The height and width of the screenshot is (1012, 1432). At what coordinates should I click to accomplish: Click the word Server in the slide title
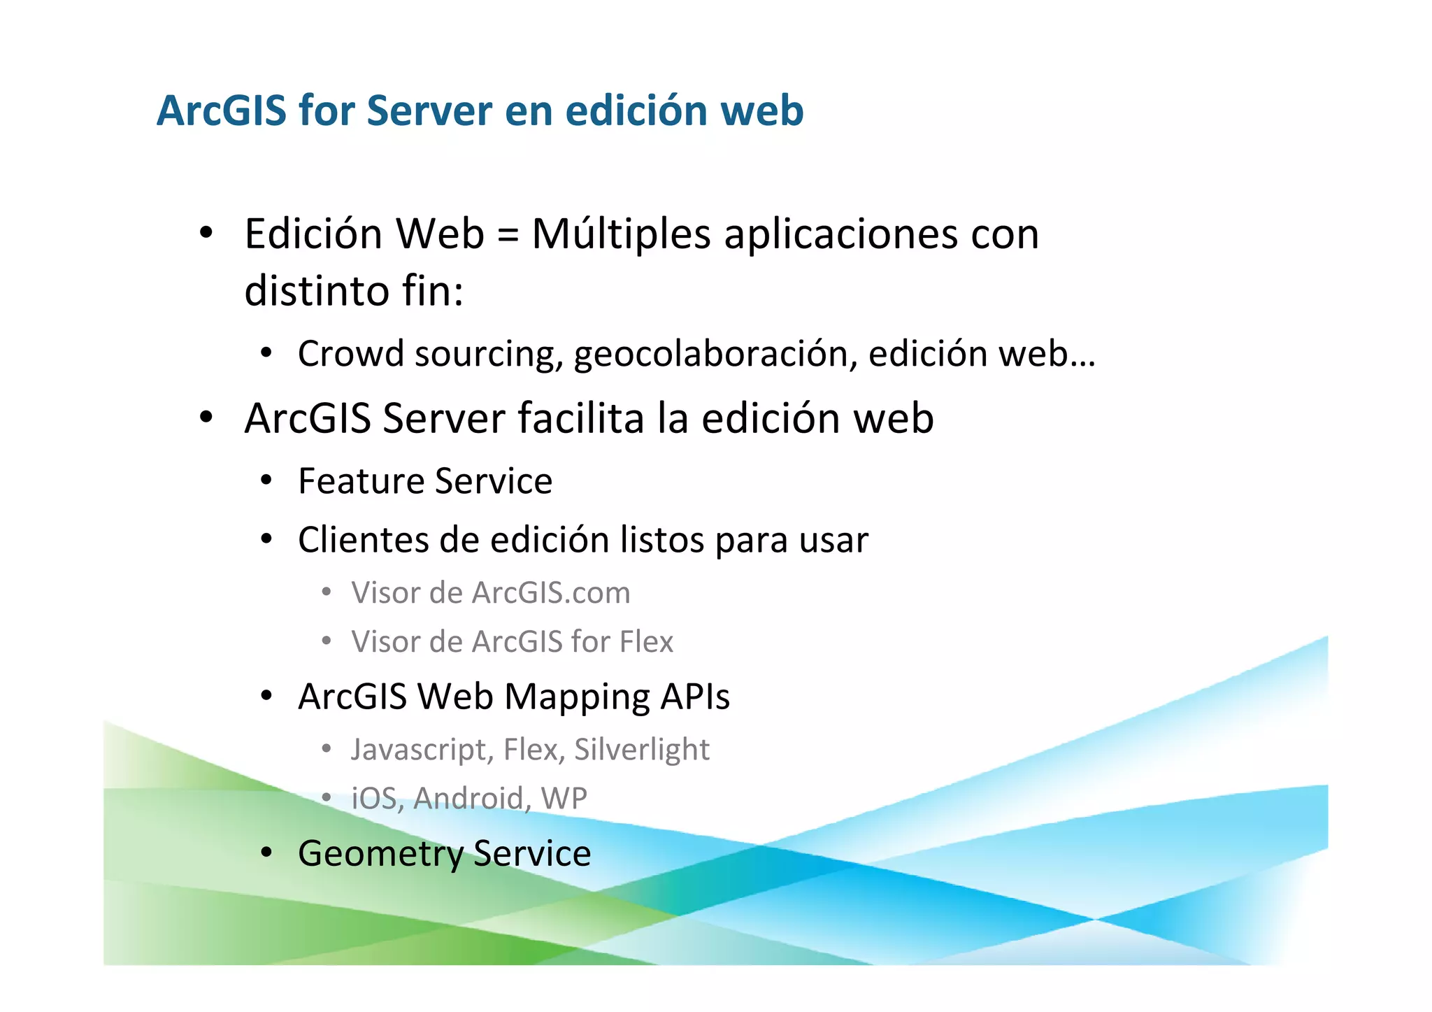[429, 111]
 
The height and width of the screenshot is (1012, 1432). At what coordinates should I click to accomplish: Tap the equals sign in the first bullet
[508, 234]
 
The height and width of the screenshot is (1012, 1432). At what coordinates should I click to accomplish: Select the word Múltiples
[621, 234]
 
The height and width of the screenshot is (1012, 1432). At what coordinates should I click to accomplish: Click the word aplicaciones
[840, 234]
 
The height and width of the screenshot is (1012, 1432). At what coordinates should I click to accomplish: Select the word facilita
[580, 418]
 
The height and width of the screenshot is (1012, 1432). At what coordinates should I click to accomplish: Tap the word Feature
[361, 481]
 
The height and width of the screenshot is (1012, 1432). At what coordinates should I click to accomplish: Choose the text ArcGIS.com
[551, 593]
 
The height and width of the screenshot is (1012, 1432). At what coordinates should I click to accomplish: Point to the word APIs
[696, 697]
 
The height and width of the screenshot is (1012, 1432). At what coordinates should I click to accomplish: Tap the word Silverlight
[642, 750]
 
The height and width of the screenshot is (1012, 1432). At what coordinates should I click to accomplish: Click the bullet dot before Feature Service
[266, 481]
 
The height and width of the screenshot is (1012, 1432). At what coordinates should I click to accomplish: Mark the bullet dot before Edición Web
[206, 233]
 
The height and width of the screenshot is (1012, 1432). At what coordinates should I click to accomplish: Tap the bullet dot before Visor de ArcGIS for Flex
[327, 641]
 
